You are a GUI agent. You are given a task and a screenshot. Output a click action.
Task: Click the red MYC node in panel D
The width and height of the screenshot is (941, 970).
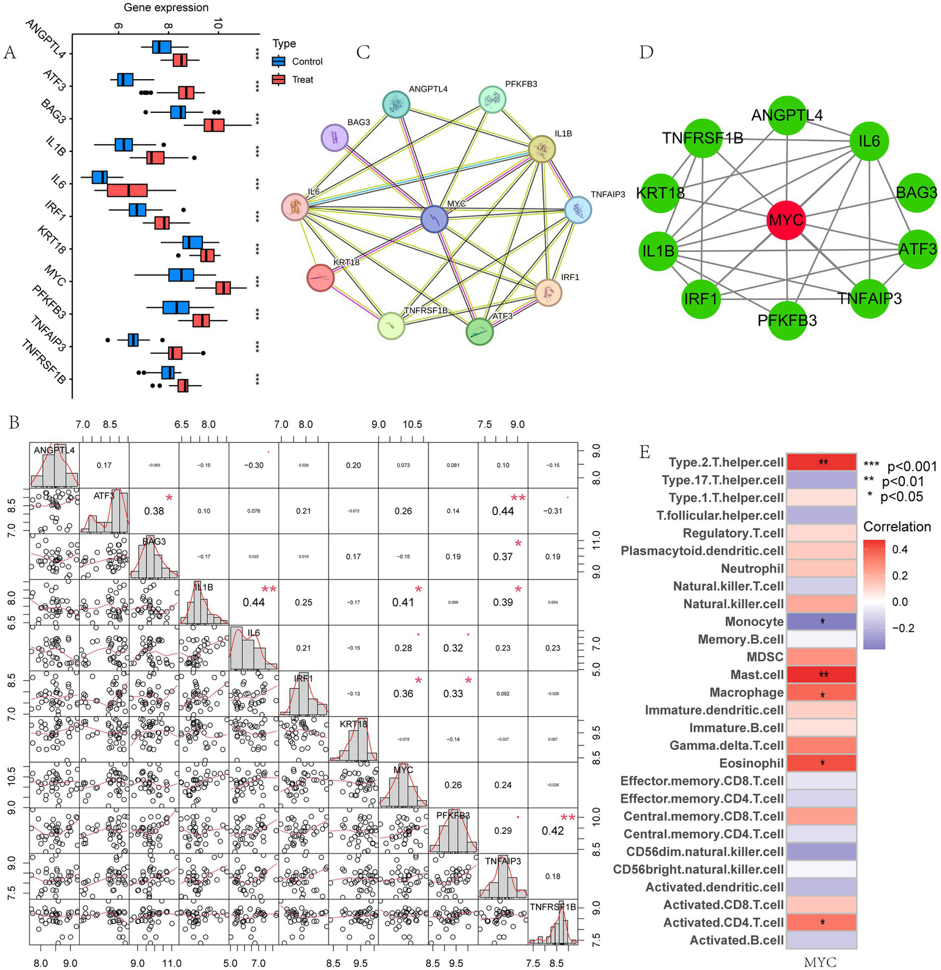pyautogui.click(x=786, y=220)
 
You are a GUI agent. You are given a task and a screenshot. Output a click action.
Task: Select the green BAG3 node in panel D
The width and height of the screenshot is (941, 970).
pyautogui.click(x=916, y=193)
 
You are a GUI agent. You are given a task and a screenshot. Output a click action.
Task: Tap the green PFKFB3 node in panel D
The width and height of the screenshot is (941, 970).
pyautogui.click(x=787, y=320)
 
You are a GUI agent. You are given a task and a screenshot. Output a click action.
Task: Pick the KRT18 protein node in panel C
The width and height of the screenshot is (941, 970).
pyautogui.click(x=325, y=277)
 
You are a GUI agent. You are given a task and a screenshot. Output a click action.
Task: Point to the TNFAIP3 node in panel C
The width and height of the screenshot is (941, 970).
pyautogui.click(x=577, y=210)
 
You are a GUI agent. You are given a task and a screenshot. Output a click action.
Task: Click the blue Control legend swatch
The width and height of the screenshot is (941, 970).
pyautogui.click(x=279, y=61)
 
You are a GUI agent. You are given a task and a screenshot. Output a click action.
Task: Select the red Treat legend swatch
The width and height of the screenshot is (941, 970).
pyautogui.click(x=279, y=80)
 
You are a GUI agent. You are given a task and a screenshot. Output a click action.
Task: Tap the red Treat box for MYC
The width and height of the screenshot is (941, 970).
pyautogui.click(x=223, y=288)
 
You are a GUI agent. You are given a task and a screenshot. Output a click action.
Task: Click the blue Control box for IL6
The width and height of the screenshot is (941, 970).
pyautogui.click(x=99, y=177)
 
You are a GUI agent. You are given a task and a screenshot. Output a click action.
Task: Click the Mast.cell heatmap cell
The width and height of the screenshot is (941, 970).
pyautogui.click(x=821, y=674)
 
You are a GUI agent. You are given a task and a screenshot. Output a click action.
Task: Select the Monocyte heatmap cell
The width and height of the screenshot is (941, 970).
pyautogui.click(x=821, y=622)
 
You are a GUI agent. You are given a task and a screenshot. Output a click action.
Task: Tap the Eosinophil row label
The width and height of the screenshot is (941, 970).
pyautogui.click(x=751, y=763)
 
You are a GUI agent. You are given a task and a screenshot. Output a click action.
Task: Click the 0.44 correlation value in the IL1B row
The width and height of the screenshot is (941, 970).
pyautogui.click(x=254, y=603)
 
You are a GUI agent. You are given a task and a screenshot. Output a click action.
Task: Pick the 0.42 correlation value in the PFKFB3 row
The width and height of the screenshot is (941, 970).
pyautogui.click(x=552, y=831)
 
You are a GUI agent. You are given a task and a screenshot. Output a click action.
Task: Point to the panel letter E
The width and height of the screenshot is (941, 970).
pyautogui.click(x=644, y=453)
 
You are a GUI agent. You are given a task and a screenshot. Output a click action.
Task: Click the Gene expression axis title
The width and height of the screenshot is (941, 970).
pyautogui.click(x=166, y=8)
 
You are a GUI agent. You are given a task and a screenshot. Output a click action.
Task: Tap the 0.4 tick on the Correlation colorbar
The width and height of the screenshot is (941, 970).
pyautogui.click(x=900, y=549)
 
